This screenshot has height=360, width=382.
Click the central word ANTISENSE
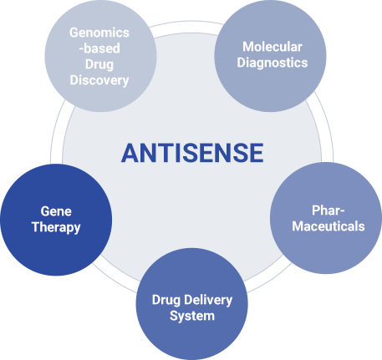click(x=192, y=153)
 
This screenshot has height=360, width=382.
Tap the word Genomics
click(x=99, y=33)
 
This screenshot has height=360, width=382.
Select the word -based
click(x=99, y=48)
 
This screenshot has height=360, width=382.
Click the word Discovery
click(x=99, y=80)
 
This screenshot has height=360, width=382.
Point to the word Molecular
click(x=272, y=47)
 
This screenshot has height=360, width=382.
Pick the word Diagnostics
click(x=272, y=63)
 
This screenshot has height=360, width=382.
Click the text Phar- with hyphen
click(x=329, y=210)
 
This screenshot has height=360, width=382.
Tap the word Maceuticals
click(x=329, y=226)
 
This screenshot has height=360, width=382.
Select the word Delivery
click(x=208, y=300)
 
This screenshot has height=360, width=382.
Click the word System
click(x=192, y=316)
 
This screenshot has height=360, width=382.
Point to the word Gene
click(x=56, y=211)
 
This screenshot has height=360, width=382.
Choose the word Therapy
click(x=56, y=227)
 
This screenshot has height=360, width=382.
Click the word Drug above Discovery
click(x=99, y=64)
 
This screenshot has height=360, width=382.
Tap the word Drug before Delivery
click(x=166, y=300)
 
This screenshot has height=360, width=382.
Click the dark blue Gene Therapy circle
click(x=56, y=220)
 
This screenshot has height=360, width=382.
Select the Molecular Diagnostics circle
click(x=270, y=56)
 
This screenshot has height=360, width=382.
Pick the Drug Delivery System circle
click(x=191, y=304)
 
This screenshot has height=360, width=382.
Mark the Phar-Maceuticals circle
click(x=326, y=218)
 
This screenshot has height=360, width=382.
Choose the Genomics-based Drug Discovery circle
click(x=100, y=56)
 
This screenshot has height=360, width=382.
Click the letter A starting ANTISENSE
click(x=130, y=153)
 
